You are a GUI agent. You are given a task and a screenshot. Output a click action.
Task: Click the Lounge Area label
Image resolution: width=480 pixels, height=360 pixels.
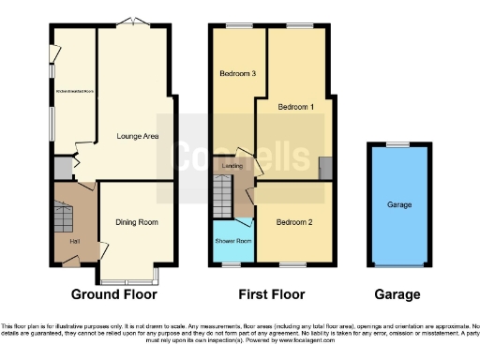pyautogui.click(x=137, y=136)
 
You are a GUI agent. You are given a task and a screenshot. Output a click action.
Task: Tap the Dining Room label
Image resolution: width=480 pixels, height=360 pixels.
pyautogui.click(x=136, y=222)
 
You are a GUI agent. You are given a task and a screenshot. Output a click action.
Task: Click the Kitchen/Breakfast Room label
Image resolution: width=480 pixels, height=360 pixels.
pyautogui.click(x=76, y=92)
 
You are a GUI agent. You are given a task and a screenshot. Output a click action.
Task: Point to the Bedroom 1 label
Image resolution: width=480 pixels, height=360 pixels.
pyautogui.click(x=296, y=107)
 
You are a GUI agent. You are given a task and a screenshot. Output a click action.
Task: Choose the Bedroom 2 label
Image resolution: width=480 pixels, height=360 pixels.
pyautogui.click(x=293, y=222)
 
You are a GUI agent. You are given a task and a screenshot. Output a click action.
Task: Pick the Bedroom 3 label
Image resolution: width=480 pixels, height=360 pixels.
pyautogui.click(x=237, y=73)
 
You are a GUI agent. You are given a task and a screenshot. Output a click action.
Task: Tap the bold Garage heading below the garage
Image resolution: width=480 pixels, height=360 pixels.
pyautogui.click(x=398, y=294)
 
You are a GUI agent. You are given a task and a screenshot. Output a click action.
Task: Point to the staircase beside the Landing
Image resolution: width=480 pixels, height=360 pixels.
pyautogui.click(x=222, y=196)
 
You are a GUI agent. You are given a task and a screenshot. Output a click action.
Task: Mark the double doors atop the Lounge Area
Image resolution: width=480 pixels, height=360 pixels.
pyautogui.click(x=139, y=22)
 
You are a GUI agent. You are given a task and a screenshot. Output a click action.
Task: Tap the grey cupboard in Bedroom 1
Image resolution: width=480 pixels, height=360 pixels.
pyautogui.click(x=324, y=168)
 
